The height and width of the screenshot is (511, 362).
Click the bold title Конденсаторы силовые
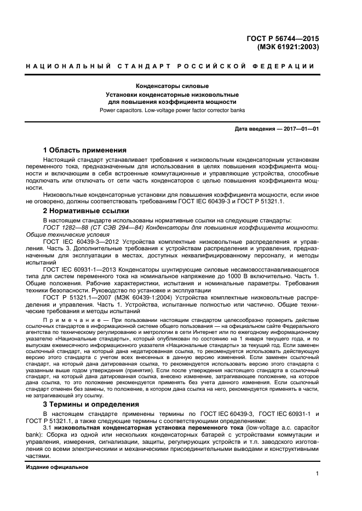tap(172, 86)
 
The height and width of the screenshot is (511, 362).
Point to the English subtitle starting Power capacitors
tap(172, 110)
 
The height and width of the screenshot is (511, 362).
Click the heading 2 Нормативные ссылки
tap(86, 210)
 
